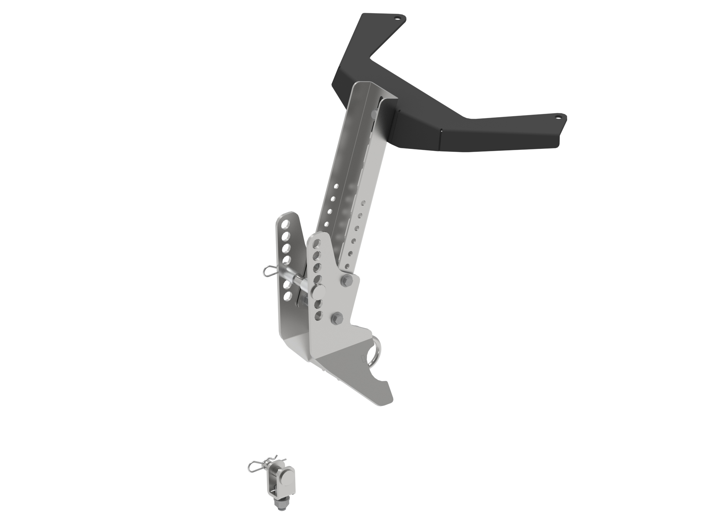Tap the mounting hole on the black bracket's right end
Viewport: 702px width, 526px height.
[x=558, y=118]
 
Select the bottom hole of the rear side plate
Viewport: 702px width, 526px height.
[x=288, y=295]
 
